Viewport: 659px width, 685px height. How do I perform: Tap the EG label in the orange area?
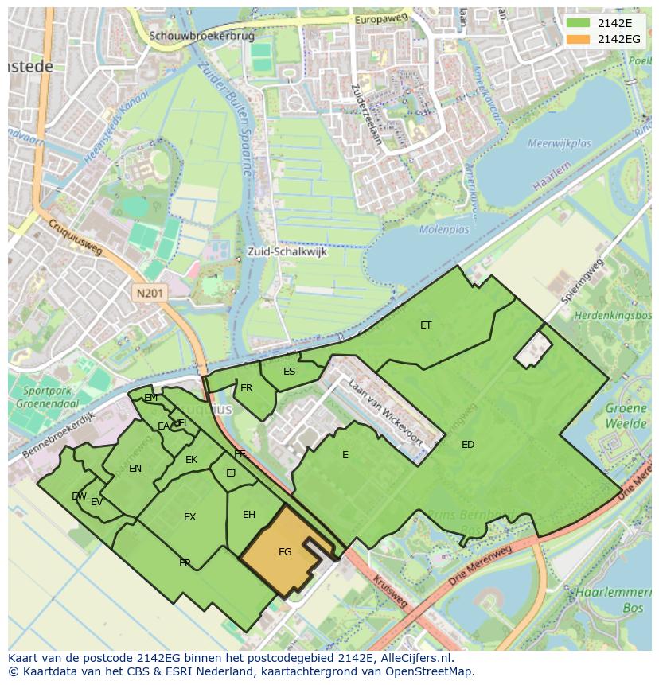(285, 551)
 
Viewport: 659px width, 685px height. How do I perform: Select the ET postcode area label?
(426, 325)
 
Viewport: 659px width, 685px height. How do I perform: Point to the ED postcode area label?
(468, 444)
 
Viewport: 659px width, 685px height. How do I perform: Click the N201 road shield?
(150, 293)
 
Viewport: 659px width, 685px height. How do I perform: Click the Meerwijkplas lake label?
(560, 144)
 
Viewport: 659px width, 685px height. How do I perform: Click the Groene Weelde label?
(626, 416)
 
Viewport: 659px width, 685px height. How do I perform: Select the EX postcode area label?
(189, 517)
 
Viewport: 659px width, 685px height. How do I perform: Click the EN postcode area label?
(135, 468)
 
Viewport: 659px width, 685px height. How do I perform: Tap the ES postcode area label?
(289, 371)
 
